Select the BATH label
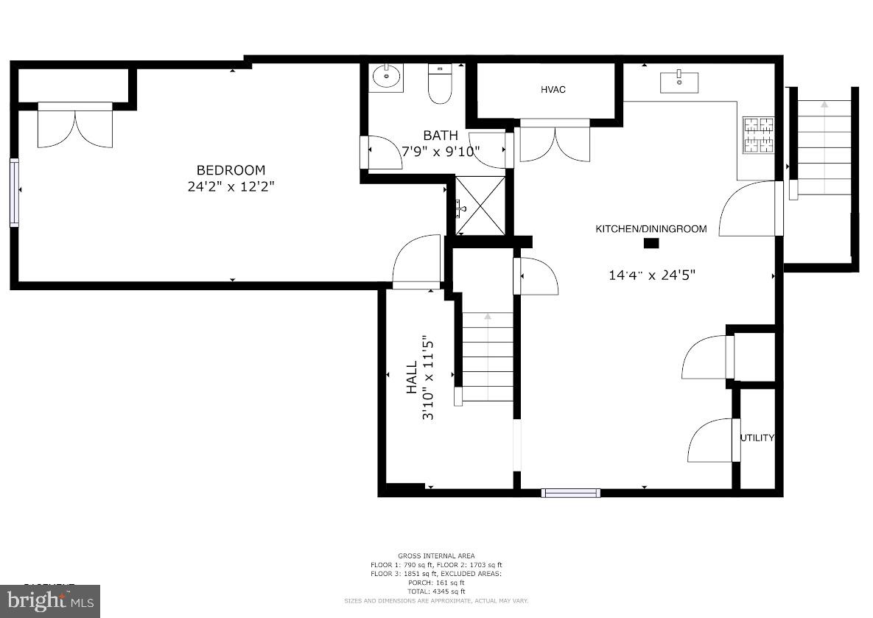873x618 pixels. pyautogui.click(x=441, y=136)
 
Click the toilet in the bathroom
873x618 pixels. pyautogui.click(x=440, y=85)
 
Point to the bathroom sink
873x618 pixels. pyautogui.click(x=386, y=77)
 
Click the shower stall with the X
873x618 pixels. pyautogui.click(x=480, y=206)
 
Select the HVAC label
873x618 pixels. pyautogui.click(x=553, y=90)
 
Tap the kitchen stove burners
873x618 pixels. pyautogui.click(x=758, y=134)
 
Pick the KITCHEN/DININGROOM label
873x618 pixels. pyautogui.click(x=651, y=229)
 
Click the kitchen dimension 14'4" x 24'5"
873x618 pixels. pyautogui.click(x=651, y=275)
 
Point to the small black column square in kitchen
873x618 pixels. pyautogui.click(x=651, y=244)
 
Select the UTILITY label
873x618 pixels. pyautogui.click(x=757, y=438)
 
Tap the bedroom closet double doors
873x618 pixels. pyautogui.click(x=75, y=125)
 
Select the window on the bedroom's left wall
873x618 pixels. pyautogui.click(x=14, y=192)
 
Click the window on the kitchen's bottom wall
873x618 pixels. pyautogui.click(x=570, y=493)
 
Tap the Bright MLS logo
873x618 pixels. pyautogui.click(x=49, y=600)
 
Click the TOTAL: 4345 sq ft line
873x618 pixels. pyautogui.click(x=436, y=591)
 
